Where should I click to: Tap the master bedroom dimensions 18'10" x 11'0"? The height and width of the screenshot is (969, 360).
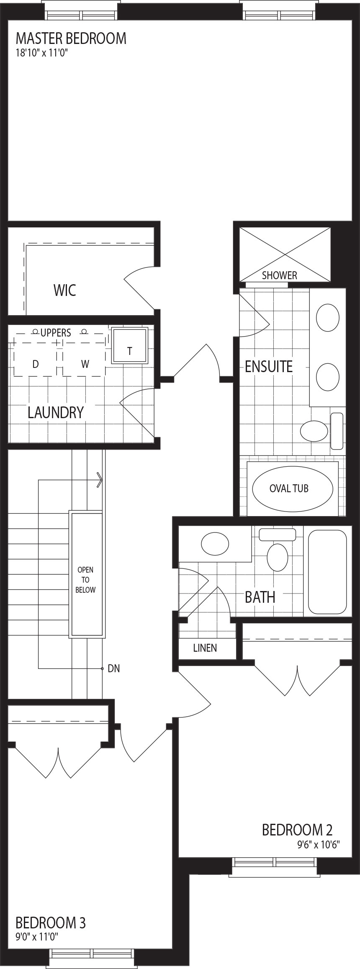(41, 53)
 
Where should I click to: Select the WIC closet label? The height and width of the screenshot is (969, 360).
(65, 290)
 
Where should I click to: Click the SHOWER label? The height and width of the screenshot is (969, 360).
(279, 275)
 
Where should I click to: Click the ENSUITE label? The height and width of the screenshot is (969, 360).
(269, 366)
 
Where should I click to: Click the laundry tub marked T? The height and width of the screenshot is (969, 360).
(130, 346)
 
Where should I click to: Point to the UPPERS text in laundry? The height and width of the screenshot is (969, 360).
(56, 333)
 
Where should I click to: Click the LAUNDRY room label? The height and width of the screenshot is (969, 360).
(56, 412)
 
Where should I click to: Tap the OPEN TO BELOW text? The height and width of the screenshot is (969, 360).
(85, 580)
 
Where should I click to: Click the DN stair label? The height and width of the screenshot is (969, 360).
(114, 668)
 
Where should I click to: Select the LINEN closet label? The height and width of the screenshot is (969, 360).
(205, 648)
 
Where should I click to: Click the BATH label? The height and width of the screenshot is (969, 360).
(260, 597)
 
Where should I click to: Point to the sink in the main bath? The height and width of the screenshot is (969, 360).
(215, 544)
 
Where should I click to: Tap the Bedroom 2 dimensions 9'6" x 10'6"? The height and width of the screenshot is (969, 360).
(318, 844)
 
